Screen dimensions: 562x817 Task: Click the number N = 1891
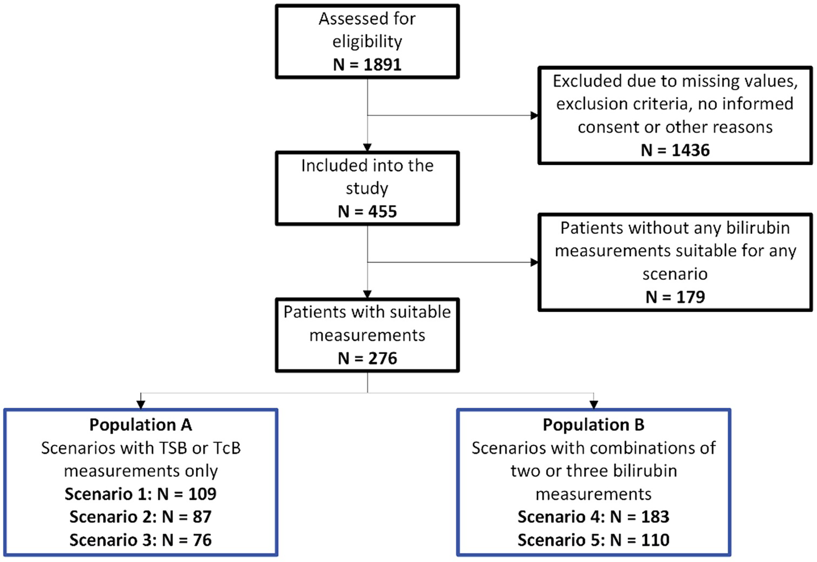click(367, 64)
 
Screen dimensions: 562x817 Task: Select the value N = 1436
click(675, 150)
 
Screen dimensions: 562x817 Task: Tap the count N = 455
click(367, 211)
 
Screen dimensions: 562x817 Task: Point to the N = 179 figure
click(675, 297)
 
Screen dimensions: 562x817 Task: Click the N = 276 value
click(367, 358)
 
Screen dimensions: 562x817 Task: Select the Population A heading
click(141, 425)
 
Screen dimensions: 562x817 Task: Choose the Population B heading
click(593, 425)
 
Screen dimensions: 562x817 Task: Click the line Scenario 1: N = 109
click(141, 494)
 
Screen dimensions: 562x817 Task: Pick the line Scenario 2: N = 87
click(141, 517)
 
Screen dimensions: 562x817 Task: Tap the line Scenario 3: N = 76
click(141, 540)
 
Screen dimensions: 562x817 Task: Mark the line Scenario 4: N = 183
click(593, 517)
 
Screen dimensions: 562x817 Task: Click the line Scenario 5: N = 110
click(593, 540)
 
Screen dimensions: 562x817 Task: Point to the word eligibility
click(367, 41)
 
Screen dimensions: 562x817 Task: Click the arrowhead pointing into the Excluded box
click(534, 115)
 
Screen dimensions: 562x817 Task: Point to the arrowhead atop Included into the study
click(368, 147)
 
